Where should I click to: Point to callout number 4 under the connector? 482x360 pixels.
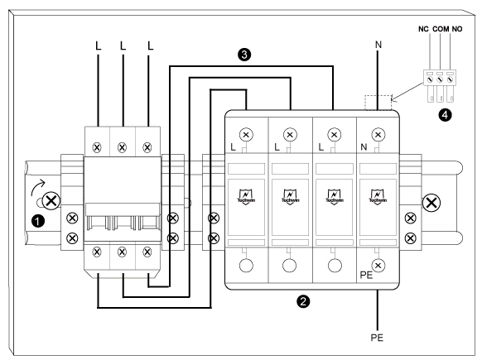click(446, 115)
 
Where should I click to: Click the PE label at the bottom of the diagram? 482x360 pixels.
click(378, 339)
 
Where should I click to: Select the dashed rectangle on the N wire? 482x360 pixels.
click(378, 102)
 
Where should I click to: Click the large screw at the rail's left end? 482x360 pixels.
click(51, 200)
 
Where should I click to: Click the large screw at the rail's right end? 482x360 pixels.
click(431, 201)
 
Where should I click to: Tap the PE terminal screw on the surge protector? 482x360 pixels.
click(378, 266)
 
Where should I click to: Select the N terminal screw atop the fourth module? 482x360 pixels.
click(378, 133)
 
